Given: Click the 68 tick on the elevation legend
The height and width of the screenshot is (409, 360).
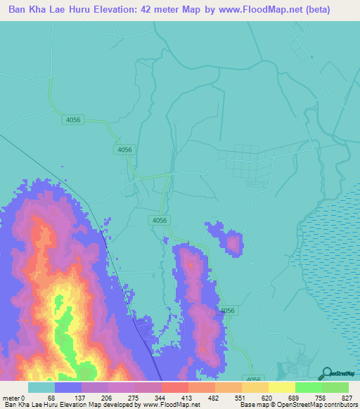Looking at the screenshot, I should click(51, 398).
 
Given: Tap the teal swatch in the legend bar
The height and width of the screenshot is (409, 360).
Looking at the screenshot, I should click(41, 388).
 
